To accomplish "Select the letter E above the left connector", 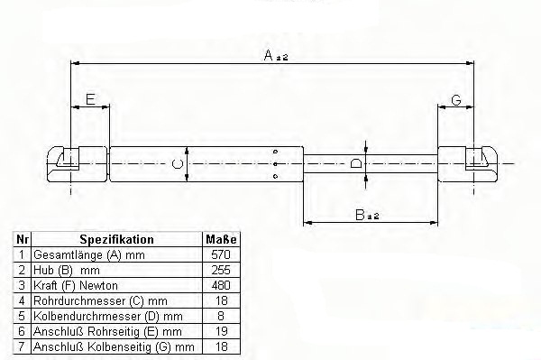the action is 90,99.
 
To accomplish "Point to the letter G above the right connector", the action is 456,100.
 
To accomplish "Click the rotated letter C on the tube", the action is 178,163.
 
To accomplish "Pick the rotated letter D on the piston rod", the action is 356,163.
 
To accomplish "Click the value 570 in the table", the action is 221,254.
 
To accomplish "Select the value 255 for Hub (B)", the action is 221,270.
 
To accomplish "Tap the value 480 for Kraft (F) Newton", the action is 221,285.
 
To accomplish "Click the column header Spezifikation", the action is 116,239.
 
